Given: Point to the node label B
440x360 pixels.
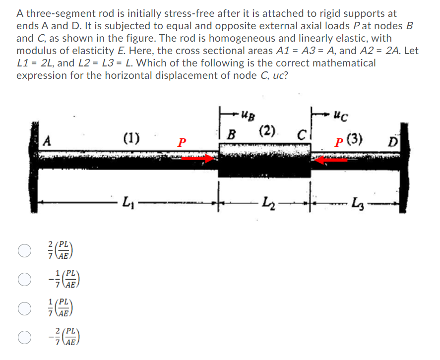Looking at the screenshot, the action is pyautogui.click(x=230, y=134).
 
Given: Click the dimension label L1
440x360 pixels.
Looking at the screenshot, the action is pyautogui.click(x=127, y=202).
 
